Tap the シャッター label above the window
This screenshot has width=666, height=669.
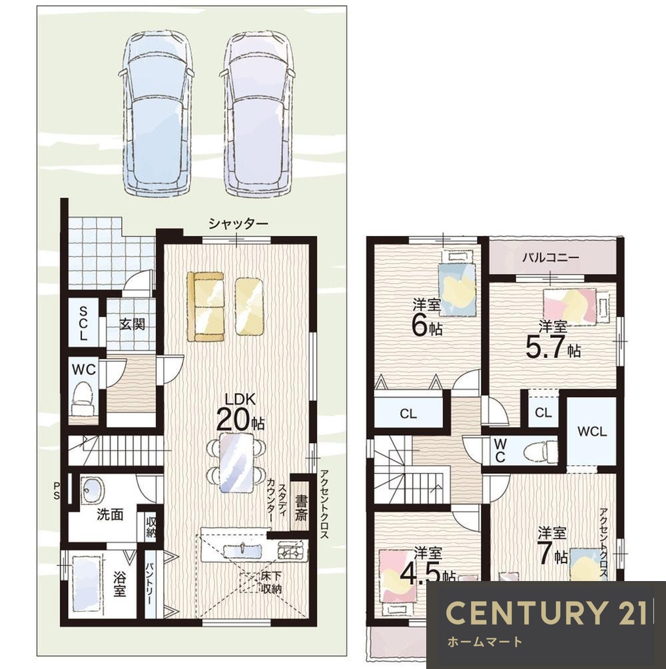[x=238, y=223]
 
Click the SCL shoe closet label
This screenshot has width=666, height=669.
[x=83, y=323]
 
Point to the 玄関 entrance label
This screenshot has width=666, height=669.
[x=132, y=325]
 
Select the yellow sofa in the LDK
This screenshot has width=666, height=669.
[x=206, y=307]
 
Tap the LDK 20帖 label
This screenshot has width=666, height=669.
[x=240, y=412]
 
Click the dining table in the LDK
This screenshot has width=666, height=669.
[x=236, y=463]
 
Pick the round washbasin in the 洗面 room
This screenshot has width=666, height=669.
[x=92, y=490]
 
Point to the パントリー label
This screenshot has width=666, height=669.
[x=150, y=584]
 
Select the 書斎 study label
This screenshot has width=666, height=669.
[x=300, y=507]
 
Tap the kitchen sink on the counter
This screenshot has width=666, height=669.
[x=242, y=550]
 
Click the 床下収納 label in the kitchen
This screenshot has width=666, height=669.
[x=271, y=583]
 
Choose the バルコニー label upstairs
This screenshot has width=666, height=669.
[x=551, y=258]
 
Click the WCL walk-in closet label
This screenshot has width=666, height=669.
[x=592, y=432]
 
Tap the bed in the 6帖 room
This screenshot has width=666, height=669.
[x=457, y=284]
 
